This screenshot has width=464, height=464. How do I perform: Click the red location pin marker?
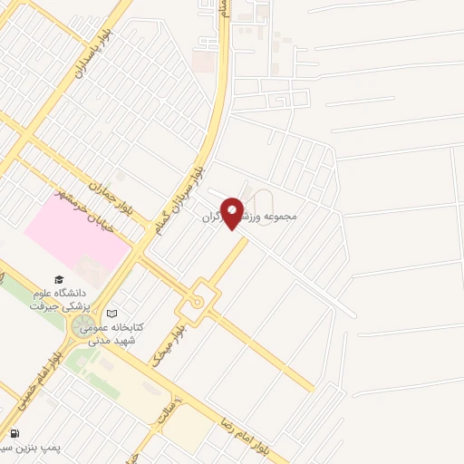pos(233,213)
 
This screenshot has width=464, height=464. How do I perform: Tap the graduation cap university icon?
pos(59,280)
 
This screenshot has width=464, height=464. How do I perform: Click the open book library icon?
pos(111,313)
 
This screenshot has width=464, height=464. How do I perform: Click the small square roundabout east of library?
pos(198,303)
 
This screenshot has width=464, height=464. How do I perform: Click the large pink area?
pos(77,236)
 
